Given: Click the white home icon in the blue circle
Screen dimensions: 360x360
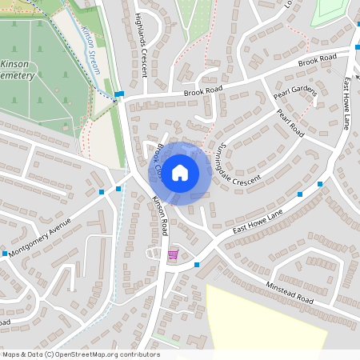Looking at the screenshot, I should coord(180,171).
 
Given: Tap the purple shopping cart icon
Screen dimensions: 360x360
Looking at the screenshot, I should coord(173,255).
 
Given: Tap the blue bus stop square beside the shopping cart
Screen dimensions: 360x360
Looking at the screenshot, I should coord(196,264).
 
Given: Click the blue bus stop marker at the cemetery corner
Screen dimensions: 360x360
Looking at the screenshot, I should coord(119,94).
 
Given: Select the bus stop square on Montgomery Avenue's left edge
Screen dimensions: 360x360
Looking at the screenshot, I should coord(5,254).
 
